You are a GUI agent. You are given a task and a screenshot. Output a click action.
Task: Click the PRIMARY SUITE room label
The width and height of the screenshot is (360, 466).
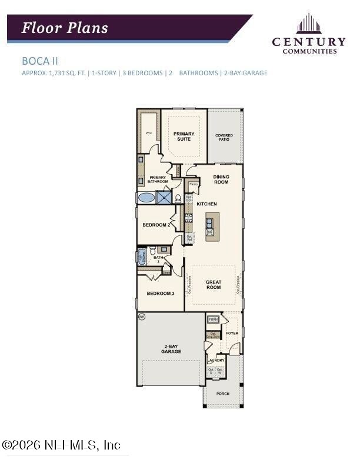tap(184, 137)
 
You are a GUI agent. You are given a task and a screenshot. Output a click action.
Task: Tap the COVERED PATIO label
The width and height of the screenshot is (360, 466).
tap(224, 137)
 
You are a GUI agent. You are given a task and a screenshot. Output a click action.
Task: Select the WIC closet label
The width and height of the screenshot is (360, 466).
tap(149, 134)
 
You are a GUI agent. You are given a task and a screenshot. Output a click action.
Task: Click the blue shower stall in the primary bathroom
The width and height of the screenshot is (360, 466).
tap(164, 198)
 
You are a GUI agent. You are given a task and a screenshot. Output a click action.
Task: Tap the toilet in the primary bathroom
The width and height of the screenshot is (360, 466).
tap(178, 198)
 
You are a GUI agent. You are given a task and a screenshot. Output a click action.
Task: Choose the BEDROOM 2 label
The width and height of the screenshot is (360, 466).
tap(156, 225)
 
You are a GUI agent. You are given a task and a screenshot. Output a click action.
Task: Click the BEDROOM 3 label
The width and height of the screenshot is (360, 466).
tap(160, 293)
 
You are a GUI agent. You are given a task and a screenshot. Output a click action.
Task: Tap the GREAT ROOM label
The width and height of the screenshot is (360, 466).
tap(213, 285)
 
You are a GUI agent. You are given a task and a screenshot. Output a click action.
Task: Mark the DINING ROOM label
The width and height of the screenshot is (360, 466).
tap(221, 179)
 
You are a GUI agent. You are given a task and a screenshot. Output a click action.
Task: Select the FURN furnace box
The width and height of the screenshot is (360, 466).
tap(212, 320)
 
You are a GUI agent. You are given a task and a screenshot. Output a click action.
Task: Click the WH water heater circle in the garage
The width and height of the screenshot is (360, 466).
tap(141, 317)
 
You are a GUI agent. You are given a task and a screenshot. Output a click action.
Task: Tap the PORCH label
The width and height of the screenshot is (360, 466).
tap(222, 393)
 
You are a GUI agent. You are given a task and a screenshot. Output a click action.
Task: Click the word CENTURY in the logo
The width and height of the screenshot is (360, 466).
tap(308, 41)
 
